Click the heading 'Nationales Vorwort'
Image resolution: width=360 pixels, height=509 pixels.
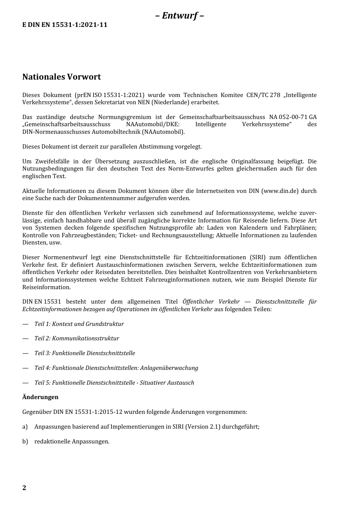tap(61, 77)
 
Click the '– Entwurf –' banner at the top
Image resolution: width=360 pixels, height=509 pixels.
tap(180, 16)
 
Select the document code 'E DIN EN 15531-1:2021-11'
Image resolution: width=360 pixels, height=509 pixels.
tap(65, 25)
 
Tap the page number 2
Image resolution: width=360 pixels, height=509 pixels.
tap(24, 488)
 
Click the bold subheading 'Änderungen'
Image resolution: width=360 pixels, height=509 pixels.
tap(40, 397)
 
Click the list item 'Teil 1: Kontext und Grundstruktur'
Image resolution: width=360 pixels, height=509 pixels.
tap(79, 324)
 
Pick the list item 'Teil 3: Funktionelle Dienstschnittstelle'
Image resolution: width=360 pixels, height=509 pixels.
tap(85, 353)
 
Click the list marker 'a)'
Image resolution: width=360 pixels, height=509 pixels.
tap(25, 427)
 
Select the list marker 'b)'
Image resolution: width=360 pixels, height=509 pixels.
tap(25, 442)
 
